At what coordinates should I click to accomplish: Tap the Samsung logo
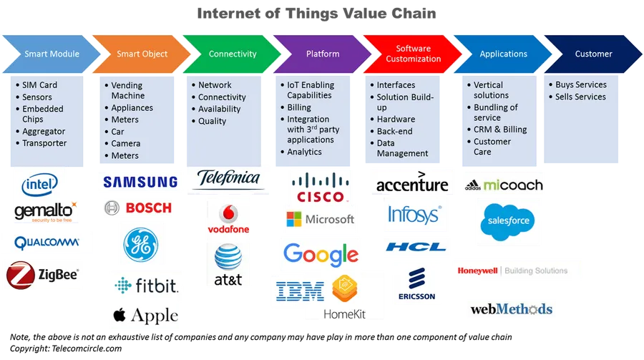click(x=140, y=183)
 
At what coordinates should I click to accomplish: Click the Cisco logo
click(x=320, y=188)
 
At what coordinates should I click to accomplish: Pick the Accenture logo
click(x=412, y=183)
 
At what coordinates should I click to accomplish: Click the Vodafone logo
click(x=228, y=219)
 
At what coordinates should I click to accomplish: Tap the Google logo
click(x=321, y=253)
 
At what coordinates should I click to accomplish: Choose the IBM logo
click(x=300, y=291)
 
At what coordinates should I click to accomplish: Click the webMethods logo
click(x=512, y=309)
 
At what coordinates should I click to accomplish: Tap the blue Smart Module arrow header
click(x=52, y=54)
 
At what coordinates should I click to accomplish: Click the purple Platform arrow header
click(x=323, y=54)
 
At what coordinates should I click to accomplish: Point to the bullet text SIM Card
click(x=39, y=85)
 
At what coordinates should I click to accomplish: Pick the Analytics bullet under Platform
click(x=304, y=152)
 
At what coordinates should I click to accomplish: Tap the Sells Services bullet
click(x=580, y=97)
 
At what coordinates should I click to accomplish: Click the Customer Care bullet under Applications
click(x=492, y=147)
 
